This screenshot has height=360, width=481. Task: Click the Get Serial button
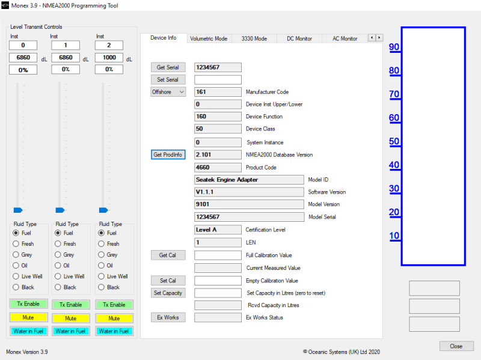(x=168, y=67)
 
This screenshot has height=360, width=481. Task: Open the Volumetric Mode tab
(x=209, y=38)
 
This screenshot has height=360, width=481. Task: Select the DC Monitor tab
(x=299, y=38)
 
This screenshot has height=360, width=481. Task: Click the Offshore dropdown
(x=168, y=92)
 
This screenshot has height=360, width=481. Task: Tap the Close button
(x=456, y=346)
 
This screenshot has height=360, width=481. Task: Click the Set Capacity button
(x=168, y=293)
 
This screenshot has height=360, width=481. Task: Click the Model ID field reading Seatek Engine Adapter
(x=249, y=180)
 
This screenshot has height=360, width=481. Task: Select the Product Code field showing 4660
(x=218, y=168)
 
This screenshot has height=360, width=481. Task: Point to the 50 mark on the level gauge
(x=394, y=141)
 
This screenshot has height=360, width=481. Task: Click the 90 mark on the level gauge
(x=394, y=47)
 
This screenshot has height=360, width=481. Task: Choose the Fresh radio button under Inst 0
(x=16, y=244)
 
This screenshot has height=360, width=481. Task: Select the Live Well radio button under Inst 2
(x=101, y=276)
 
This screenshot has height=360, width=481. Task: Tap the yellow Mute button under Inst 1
(x=71, y=319)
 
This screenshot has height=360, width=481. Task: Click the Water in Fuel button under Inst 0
(x=28, y=331)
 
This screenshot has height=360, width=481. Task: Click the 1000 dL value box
(x=109, y=58)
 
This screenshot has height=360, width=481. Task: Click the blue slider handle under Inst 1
(x=60, y=210)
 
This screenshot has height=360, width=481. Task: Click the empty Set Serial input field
(x=218, y=80)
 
